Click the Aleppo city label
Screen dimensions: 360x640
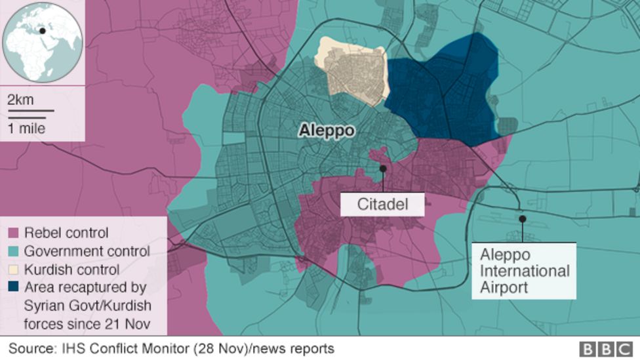tap(327, 131)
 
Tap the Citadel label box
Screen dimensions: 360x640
tap(382, 205)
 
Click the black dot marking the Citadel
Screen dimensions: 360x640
tap(382, 169)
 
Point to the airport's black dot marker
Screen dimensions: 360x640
tap(523, 219)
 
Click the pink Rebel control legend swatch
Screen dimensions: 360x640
tap(12, 233)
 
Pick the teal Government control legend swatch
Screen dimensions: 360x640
tap(12, 251)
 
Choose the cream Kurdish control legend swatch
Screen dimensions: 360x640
tap(12, 270)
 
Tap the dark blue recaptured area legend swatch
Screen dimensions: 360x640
tap(12, 287)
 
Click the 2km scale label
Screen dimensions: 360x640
tap(20, 100)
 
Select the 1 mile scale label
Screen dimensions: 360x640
tap(27, 129)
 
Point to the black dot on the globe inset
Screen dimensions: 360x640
tap(43, 30)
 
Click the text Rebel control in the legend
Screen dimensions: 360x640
tap(66, 233)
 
